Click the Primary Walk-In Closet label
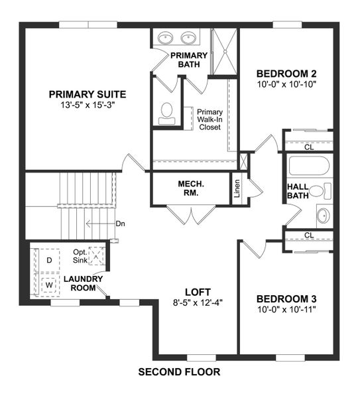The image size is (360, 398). [210, 119]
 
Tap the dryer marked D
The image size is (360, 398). [48, 259]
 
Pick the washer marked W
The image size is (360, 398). [48, 283]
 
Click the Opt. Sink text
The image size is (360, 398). [80, 256]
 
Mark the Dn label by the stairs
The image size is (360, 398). [120, 224]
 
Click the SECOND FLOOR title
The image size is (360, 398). [179, 371]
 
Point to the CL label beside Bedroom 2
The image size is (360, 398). [309, 147]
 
